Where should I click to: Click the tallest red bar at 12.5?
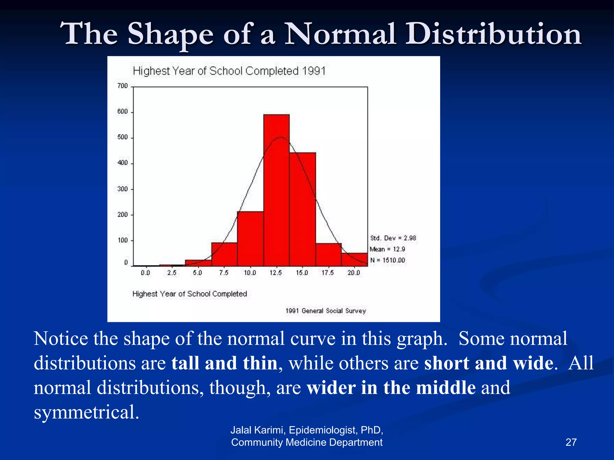point(276,192)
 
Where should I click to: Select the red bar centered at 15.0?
point(303,210)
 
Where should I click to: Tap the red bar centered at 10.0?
point(250,240)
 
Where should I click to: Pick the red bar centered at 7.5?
point(224,255)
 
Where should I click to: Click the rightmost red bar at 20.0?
point(354,259)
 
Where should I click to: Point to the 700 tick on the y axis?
point(123,86)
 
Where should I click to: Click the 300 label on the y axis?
point(122,189)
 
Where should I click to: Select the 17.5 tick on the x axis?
point(328,273)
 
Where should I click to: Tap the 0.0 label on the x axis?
point(145,273)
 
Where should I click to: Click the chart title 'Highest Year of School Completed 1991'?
point(229,71)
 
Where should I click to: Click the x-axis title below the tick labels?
point(189,294)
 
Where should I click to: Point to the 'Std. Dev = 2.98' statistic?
point(393,238)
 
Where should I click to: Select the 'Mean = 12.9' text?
point(387,249)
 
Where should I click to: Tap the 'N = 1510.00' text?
point(387,260)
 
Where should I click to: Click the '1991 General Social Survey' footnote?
point(326,311)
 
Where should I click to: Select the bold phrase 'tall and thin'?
point(224,363)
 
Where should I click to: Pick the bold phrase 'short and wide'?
point(489,363)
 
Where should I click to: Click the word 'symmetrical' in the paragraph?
point(86,412)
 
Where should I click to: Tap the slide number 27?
point(571,442)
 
